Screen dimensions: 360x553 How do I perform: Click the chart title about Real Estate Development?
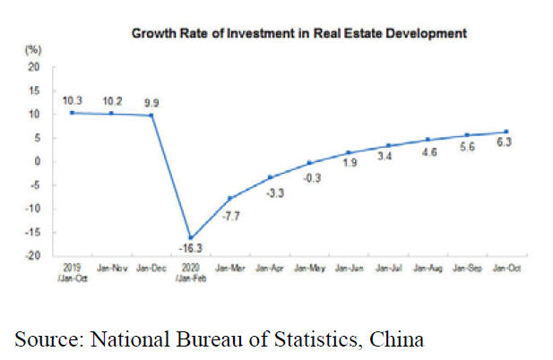[x=299, y=34]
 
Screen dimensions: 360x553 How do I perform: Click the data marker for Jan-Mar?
[x=229, y=198]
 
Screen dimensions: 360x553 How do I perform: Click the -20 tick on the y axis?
[x=32, y=256]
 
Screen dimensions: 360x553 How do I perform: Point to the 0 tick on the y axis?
[x=37, y=162]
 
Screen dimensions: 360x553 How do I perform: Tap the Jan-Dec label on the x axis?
[x=151, y=268]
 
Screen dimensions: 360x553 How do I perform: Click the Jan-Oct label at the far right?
[x=505, y=268]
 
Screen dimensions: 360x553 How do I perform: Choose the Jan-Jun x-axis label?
[x=348, y=268]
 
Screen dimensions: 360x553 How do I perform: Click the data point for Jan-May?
[x=308, y=163]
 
